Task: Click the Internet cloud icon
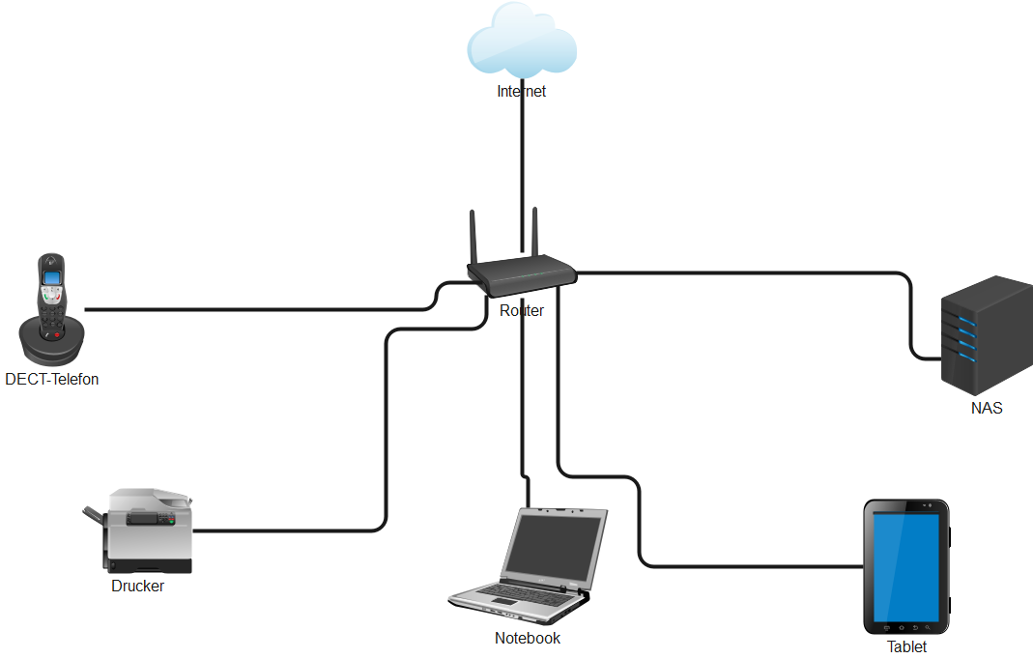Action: [x=522, y=43]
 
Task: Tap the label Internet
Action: [x=522, y=92]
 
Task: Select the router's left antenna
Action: [x=474, y=238]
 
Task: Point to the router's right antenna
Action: [x=534, y=233]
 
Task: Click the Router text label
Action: [x=522, y=311]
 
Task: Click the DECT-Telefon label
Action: [x=52, y=380]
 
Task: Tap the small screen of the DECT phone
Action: [x=52, y=278]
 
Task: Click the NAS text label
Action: [x=987, y=409]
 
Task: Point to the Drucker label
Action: [x=137, y=587]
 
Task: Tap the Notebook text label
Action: [x=528, y=639]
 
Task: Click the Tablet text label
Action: [x=906, y=647]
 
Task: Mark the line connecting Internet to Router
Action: [x=522, y=164]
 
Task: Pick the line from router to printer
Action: [x=387, y=435]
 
